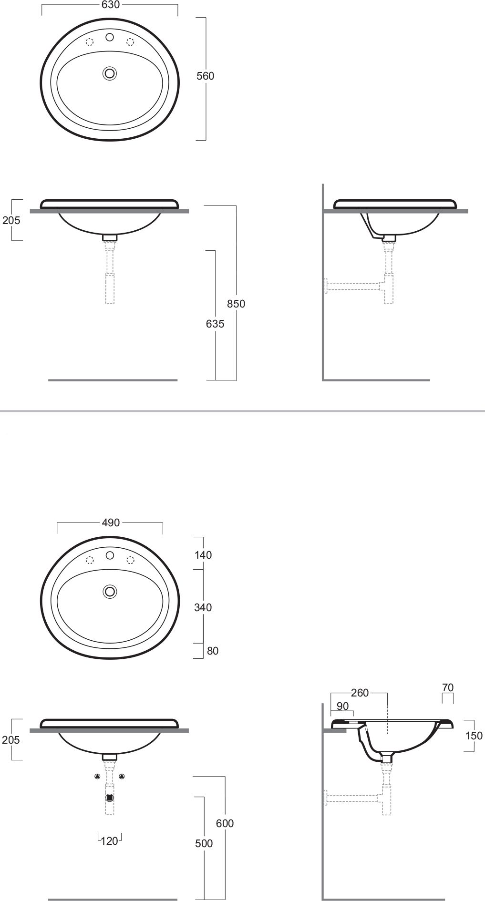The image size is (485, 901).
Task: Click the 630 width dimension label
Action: [x=110, y=5]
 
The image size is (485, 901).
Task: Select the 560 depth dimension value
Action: [x=206, y=76]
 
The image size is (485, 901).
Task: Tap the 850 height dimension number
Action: [x=236, y=304]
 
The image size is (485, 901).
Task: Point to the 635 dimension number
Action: [x=215, y=324]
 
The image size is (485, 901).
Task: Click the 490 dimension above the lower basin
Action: [x=111, y=522]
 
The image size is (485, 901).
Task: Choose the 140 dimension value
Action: [x=203, y=555]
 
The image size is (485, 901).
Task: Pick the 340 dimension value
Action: [x=203, y=607]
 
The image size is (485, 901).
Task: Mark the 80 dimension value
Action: [x=213, y=651]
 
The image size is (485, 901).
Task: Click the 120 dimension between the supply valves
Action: [x=110, y=841]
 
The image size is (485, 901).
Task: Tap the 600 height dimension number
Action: [x=225, y=823]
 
